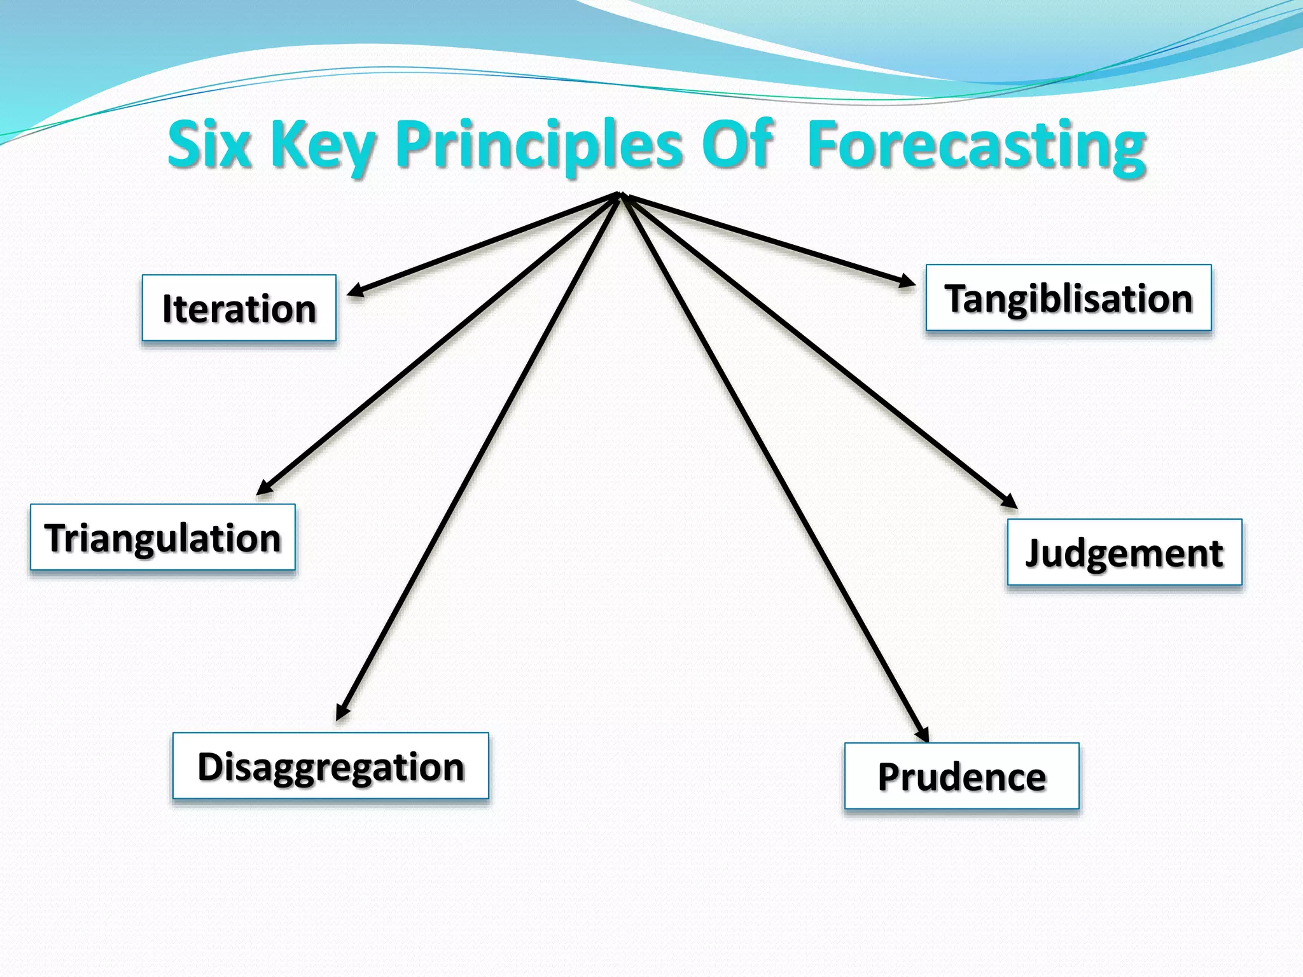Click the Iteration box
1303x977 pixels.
pyautogui.click(x=239, y=308)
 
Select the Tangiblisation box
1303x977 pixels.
pyautogui.click(x=1068, y=298)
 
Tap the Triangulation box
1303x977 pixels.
pyautogui.click(x=162, y=537)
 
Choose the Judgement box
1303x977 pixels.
pyautogui.click(x=1124, y=552)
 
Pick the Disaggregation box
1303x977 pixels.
pyautogui.click(x=330, y=766)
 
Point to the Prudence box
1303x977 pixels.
pyautogui.click(x=961, y=776)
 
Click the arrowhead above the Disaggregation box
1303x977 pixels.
pyautogui.click(x=342, y=712)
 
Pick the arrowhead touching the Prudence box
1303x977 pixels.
pyautogui.click(x=923, y=735)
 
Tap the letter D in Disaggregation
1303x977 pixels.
pyautogui.click(x=210, y=766)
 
